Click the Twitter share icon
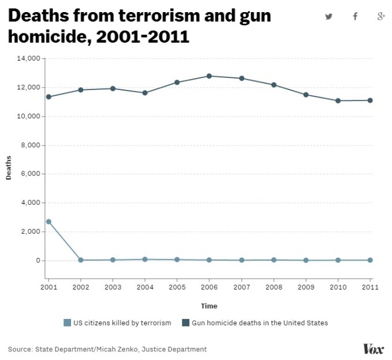pos(328,16)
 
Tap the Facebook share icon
pos(355,16)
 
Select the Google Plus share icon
pos(381,16)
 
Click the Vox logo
pos(373,348)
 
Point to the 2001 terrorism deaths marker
pos(48,222)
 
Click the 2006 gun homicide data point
pos(209,76)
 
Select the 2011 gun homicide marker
pos(370,100)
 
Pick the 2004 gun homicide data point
pos(145,92)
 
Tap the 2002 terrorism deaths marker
pos(81,260)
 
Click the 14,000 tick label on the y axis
pos(28,58)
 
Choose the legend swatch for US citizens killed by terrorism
pos(67,322)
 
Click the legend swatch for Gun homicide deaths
pos(186,322)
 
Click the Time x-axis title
pos(209,306)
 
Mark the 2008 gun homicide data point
pos(274,85)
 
